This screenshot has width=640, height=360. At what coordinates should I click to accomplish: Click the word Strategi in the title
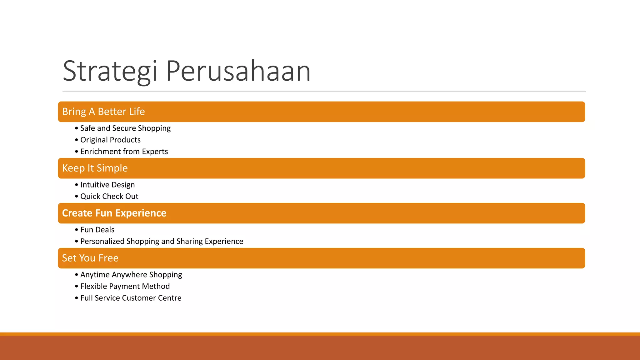(110, 71)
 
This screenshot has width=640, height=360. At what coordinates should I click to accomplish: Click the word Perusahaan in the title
(238, 71)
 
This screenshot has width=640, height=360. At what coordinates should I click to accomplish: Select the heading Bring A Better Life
(103, 112)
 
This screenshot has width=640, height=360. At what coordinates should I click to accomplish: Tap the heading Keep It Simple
(95, 168)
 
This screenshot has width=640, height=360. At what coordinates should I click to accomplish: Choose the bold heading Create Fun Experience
(114, 213)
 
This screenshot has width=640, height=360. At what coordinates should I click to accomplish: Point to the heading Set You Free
(90, 258)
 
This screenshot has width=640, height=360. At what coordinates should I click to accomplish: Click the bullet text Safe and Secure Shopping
(125, 128)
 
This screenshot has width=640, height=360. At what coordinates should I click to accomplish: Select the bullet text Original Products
(110, 140)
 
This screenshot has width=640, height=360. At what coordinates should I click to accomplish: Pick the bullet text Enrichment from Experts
(124, 152)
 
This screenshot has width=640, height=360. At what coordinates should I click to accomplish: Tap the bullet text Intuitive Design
(107, 185)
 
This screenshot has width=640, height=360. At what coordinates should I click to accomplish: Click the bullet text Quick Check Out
(109, 196)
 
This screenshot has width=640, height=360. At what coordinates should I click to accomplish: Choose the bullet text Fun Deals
(97, 230)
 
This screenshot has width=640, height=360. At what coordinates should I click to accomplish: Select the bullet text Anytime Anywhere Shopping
(131, 275)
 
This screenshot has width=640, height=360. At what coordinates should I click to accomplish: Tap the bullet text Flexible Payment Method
(125, 286)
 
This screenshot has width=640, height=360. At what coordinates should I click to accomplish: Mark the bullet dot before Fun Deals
(77, 230)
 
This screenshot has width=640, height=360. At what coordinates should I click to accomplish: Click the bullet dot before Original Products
(77, 140)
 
